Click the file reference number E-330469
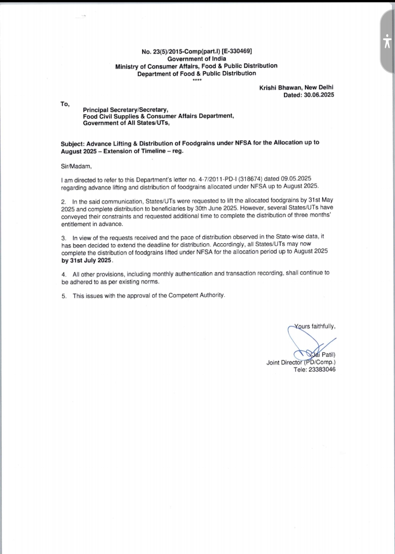pos(237,51)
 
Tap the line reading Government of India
pos(197,59)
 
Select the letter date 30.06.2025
pos(319,95)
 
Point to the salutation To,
pos(65,104)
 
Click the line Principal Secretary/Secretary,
pos(125,110)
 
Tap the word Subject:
pos(73,144)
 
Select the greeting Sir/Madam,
pos(76,166)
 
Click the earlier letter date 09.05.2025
pos(296,179)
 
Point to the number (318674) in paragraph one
pos(251,179)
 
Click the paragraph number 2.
pos(64,202)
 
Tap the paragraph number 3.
pos(64,238)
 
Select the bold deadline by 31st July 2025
pos(87,261)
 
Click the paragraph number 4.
pos(64,274)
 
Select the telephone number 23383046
pos(322,370)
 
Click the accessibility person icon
pos(387,41)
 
